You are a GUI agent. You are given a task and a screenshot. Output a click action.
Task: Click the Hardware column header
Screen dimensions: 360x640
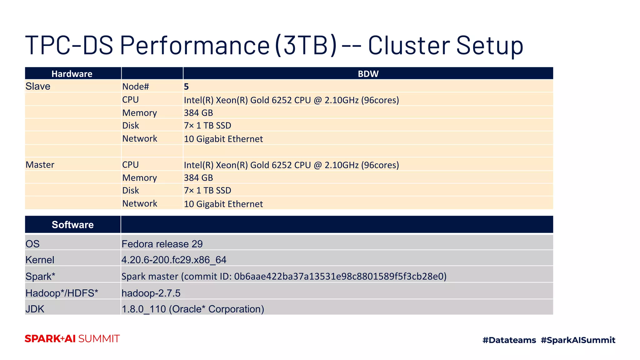coord(72,74)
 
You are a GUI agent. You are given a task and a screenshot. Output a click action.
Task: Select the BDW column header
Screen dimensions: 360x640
coord(368,74)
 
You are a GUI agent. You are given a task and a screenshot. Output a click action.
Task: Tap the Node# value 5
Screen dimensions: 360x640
coord(186,87)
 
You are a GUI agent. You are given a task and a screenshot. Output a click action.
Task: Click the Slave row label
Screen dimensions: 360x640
coord(38,86)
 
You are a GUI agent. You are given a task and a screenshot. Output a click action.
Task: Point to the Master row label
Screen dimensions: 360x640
coord(40,165)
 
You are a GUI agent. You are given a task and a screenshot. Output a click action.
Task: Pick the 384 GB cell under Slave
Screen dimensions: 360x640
coord(198,113)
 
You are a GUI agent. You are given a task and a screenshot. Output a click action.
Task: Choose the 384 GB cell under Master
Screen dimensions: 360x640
coord(198,178)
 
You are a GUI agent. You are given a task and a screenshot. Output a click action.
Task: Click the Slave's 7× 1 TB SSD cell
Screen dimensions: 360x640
coord(207,126)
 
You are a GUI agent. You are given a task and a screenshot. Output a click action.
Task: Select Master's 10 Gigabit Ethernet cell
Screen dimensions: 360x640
coord(223,204)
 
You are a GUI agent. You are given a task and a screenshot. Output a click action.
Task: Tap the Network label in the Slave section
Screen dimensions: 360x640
coord(140,139)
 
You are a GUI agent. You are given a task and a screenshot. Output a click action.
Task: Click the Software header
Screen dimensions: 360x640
coord(72,225)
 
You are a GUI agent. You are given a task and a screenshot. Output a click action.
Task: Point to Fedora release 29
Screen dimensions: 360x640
coord(162,244)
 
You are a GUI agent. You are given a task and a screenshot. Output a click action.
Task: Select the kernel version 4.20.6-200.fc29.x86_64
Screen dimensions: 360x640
coord(174,260)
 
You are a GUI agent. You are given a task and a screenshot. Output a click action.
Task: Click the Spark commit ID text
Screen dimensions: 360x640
coord(340,277)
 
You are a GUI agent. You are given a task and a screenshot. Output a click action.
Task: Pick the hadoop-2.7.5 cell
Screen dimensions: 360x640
coord(151,293)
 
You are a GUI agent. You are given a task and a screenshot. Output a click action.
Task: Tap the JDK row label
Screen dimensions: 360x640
coord(35,309)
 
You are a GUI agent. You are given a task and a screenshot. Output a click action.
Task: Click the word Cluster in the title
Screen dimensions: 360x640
coord(409,45)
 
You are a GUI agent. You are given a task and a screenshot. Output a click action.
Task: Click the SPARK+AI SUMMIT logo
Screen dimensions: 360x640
coord(72,339)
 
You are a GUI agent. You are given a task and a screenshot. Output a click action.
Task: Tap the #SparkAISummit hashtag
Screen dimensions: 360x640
coord(578,340)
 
